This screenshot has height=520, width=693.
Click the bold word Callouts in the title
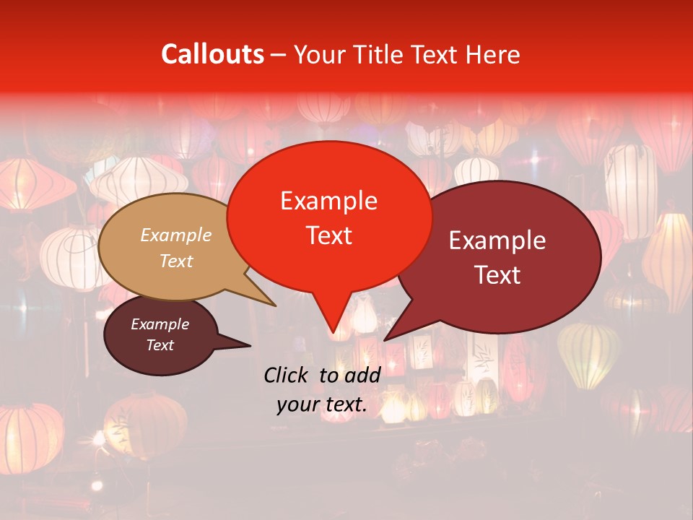click(212, 54)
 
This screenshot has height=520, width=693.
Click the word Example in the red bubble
click(328, 201)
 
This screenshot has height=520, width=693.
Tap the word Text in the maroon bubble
click(498, 274)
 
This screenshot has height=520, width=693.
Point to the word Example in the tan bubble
click(176, 235)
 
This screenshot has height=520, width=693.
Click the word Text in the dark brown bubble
click(160, 345)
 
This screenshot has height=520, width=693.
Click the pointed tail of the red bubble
click(333, 325)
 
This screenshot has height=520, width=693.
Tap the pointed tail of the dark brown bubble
click(242, 344)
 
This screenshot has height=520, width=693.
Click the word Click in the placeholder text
click(287, 374)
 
